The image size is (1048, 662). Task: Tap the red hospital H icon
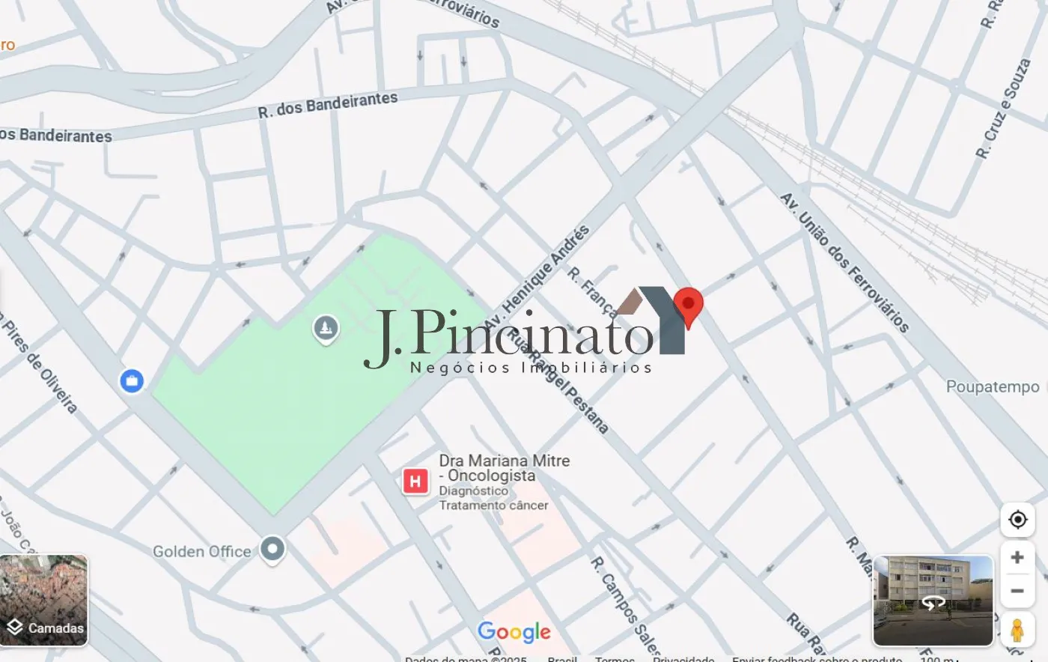(x=415, y=481)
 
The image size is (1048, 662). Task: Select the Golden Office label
(x=202, y=552)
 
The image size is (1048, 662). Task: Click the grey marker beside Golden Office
(x=272, y=549)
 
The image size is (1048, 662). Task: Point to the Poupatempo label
(x=992, y=387)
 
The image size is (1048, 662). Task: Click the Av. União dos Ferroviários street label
(x=844, y=262)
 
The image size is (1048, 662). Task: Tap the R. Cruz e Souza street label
(x=1003, y=109)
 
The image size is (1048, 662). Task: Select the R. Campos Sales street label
(x=625, y=605)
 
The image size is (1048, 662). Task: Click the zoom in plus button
(x=1017, y=557)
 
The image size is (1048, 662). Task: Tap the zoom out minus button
(x=1017, y=591)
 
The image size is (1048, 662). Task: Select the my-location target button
(x=1017, y=520)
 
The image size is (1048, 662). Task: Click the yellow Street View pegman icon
(x=1017, y=630)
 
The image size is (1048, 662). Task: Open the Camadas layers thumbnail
(x=44, y=600)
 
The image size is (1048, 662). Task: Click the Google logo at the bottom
(x=514, y=632)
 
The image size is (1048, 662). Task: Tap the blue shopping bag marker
(x=132, y=381)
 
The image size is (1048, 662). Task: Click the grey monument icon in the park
(x=326, y=328)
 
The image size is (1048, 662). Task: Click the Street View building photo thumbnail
(x=933, y=600)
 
